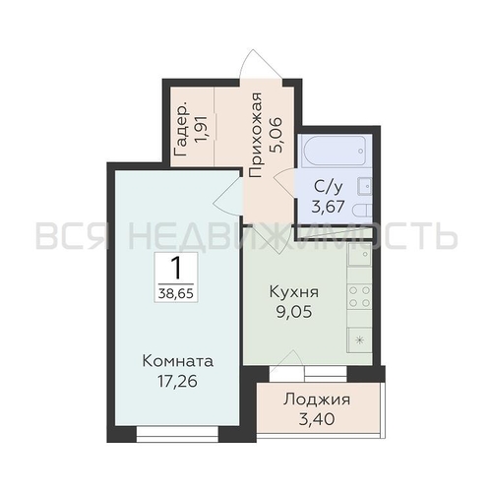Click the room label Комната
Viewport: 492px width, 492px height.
tap(178, 361)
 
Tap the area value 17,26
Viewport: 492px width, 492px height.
tap(178, 382)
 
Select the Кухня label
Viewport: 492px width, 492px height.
tap(294, 291)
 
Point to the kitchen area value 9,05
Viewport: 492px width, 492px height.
tap(294, 312)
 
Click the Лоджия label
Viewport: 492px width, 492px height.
tap(317, 400)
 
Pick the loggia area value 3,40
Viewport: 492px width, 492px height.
tap(317, 419)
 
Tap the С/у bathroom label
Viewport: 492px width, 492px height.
tap(329, 187)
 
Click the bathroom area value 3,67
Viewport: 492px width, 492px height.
tap(328, 207)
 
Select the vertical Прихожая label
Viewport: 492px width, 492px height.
tap(256, 135)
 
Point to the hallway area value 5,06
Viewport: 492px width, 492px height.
tap(276, 135)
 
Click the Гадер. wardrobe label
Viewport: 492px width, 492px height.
tap(181, 130)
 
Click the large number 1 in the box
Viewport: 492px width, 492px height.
tap(176, 268)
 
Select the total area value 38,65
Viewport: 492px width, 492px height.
tap(176, 292)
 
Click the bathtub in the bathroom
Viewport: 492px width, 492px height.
tap(335, 152)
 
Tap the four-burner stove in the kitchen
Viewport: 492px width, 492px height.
tap(359, 296)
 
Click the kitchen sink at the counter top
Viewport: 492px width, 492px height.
tap(359, 254)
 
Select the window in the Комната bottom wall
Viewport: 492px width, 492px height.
tap(177, 434)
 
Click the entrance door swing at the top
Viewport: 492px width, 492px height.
tap(261, 64)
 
